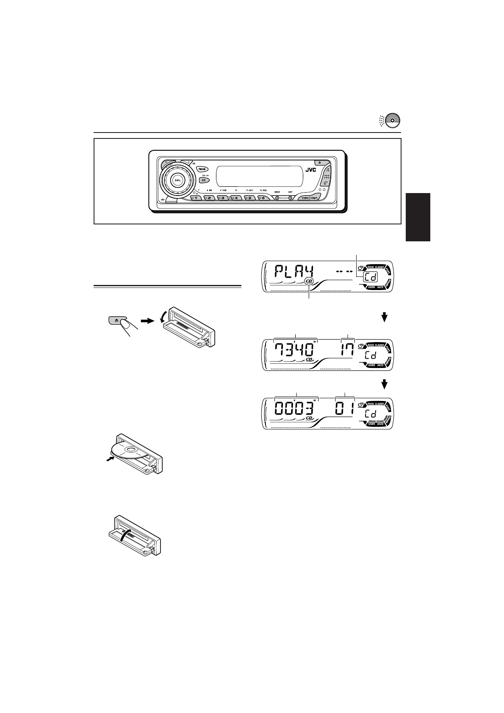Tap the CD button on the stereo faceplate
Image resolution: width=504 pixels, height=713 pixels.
click(204, 180)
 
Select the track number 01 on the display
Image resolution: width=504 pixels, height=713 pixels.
click(345, 409)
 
